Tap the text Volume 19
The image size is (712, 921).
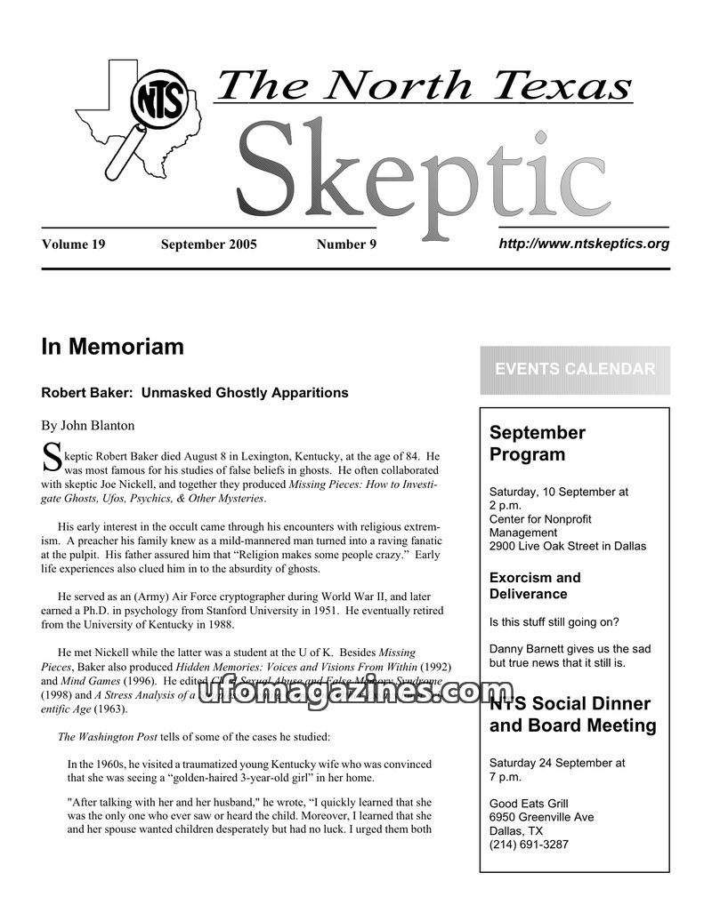coord(73,244)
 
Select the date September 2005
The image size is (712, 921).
coord(208,244)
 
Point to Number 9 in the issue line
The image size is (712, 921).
coord(346,244)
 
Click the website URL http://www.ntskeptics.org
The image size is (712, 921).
coord(584,244)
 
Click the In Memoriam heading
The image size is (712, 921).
coord(112,347)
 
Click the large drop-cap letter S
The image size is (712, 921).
coord(52,458)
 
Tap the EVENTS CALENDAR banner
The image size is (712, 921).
coord(574,370)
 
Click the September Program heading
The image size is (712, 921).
coord(538,444)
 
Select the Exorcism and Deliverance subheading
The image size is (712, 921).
coord(535,585)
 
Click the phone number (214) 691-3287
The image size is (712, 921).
coord(529,845)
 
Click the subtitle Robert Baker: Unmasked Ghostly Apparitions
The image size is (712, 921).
coord(195,392)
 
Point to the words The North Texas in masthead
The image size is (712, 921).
coord(424,86)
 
